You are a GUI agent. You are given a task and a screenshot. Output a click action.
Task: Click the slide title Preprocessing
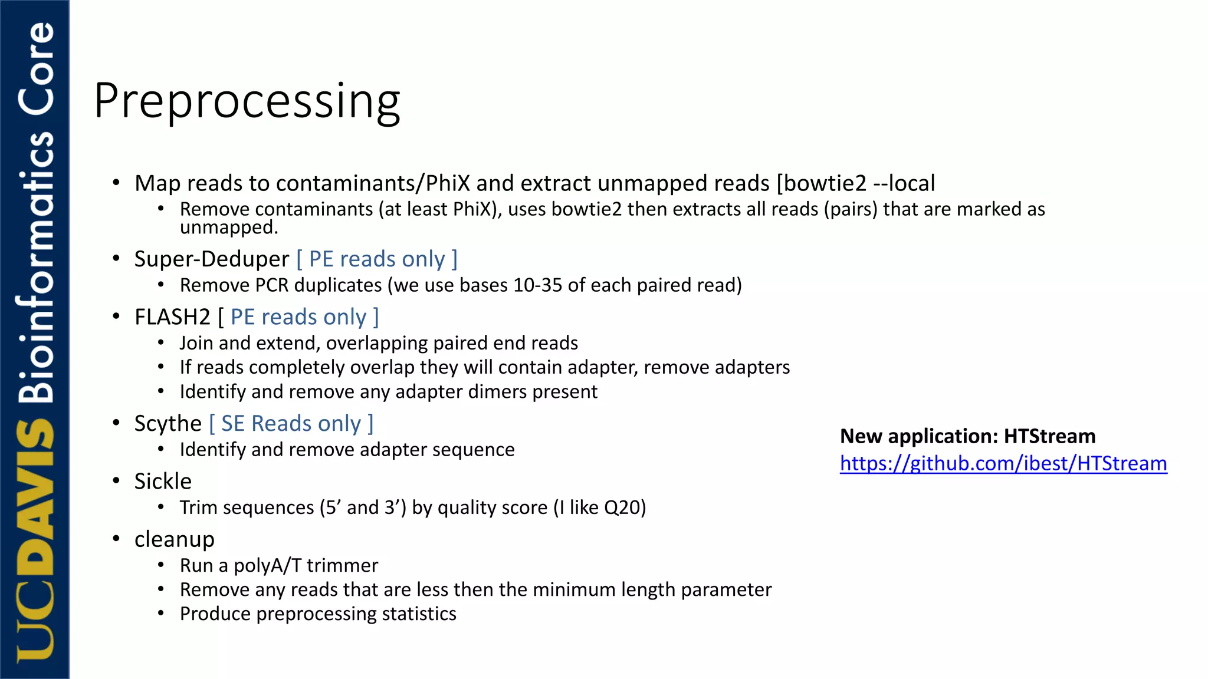click(x=247, y=101)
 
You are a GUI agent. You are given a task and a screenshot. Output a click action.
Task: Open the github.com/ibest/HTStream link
click(x=1003, y=464)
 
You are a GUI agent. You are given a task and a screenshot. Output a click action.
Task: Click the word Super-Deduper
click(x=211, y=259)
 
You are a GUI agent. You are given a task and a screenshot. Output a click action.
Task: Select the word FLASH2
click(x=172, y=317)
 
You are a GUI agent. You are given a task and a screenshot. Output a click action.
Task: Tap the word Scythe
click(x=168, y=424)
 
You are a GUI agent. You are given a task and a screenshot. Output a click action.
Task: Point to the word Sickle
click(x=163, y=482)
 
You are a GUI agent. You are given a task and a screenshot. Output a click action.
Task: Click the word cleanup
click(x=174, y=539)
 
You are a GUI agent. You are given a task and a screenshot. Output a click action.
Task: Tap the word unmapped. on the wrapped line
click(x=228, y=228)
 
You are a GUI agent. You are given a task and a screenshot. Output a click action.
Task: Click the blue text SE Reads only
click(x=291, y=424)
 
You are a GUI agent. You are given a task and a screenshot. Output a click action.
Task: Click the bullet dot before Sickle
click(x=116, y=481)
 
